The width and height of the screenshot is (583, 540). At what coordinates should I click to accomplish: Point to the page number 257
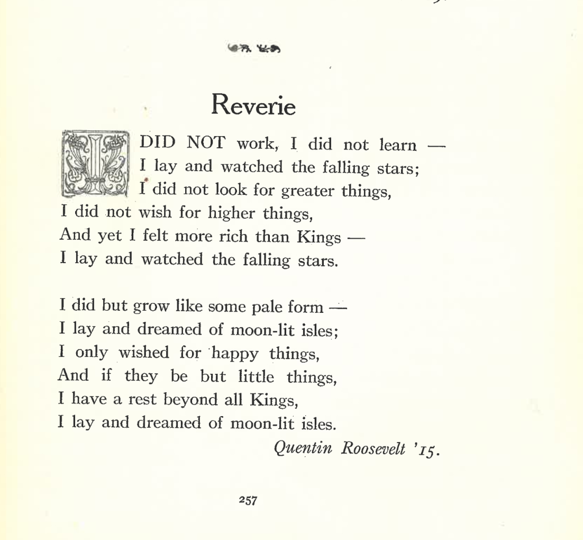(248, 500)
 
